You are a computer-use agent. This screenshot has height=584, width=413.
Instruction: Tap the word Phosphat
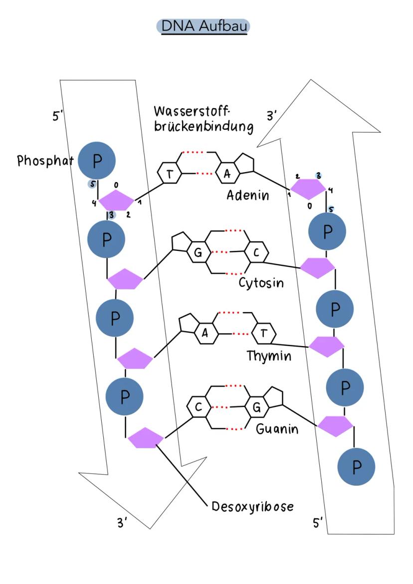click(45, 161)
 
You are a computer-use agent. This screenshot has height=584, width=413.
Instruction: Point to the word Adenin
click(248, 195)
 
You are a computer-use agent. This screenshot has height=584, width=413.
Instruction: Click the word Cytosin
click(261, 283)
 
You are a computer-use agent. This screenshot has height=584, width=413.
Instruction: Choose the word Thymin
click(268, 357)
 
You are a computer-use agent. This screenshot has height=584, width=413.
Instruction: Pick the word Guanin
click(277, 429)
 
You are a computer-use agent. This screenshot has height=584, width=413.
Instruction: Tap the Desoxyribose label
click(252, 507)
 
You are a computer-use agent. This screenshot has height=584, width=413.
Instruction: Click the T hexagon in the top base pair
click(169, 173)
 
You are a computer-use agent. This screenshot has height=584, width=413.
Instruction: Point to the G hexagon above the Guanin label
click(257, 407)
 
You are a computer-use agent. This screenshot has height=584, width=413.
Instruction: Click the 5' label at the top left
click(59, 117)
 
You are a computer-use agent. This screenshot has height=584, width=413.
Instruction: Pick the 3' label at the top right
click(272, 116)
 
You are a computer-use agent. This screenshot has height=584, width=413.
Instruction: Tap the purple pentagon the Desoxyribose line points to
click(146, 438)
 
